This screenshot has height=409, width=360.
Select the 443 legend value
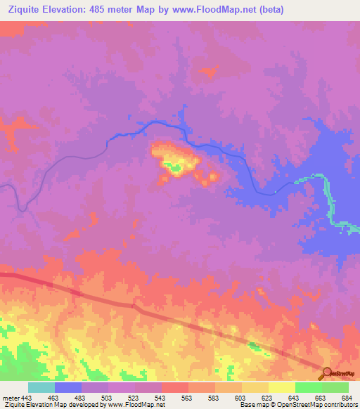coord(27,398)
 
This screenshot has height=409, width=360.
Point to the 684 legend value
coord(347,398)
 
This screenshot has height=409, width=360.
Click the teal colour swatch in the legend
coord(41,387)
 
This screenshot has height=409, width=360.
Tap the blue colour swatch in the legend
coord(67,387)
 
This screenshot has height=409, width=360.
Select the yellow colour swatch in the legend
coord(281,387)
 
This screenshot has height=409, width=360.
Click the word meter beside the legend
coord(10,398)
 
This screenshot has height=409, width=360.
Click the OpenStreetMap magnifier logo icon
coord(325,373)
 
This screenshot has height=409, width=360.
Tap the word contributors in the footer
coord(337,405)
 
